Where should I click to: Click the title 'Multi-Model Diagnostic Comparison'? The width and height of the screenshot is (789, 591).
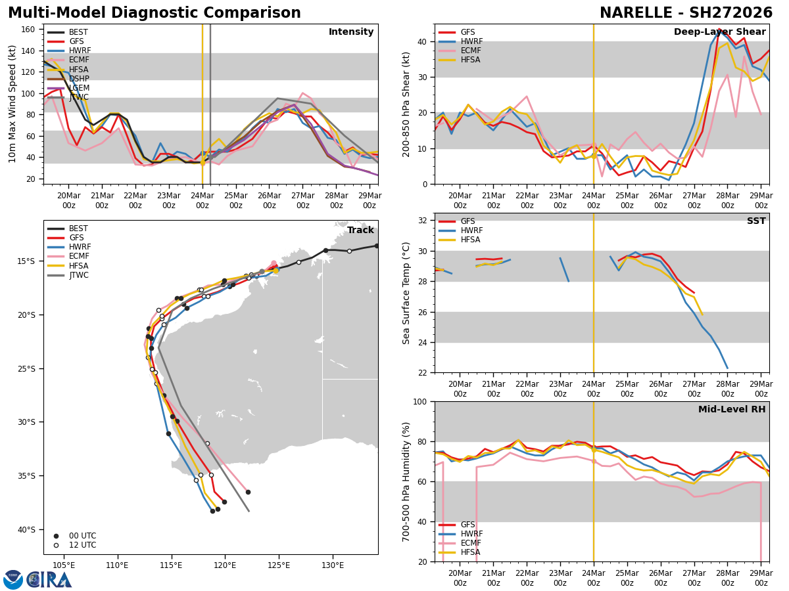click(155, 13)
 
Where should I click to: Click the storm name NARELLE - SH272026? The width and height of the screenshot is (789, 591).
click(686, 13)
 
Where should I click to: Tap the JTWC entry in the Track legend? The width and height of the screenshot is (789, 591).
click(80, 275)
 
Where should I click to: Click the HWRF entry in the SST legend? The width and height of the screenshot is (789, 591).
click(471, 230)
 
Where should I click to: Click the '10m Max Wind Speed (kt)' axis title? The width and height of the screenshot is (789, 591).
click(12, 104)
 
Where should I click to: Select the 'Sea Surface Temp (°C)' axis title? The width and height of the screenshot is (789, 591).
click(407, 293)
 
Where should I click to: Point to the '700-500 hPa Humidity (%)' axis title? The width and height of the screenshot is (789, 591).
click(407, 481)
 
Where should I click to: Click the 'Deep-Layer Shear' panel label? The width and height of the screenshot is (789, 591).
click(719, 32)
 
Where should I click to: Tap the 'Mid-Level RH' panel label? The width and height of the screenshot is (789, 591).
click(732, 410)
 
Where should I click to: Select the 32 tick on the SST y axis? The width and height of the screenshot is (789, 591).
click(423, 221)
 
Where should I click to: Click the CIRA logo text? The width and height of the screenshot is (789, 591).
click(49, 580)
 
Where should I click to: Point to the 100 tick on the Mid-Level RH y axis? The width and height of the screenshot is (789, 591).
click(420, 401)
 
